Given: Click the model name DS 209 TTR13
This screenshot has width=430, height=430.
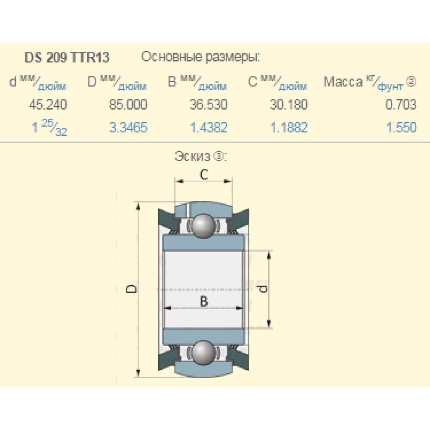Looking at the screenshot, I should click(67, 58).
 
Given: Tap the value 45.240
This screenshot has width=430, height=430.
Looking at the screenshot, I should click(48, 104).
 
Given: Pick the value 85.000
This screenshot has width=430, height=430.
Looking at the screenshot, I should click(128, 104).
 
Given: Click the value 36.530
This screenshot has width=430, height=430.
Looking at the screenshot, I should click(209, 104).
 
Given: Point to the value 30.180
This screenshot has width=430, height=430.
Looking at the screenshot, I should click(289, 104).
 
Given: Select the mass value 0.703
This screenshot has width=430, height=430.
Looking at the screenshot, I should click(401, 104).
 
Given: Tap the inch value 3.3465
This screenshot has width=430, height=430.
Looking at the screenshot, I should click(128, 128).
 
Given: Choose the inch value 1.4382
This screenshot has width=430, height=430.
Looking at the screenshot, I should click(209, 128).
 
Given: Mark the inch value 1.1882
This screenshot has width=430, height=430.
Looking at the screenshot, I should click(289, 128).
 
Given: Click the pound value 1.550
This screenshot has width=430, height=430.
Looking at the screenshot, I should click(401, 128).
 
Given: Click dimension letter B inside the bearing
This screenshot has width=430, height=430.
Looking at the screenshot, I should click(204, 301).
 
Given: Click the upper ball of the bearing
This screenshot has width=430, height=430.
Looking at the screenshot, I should click(203, 225).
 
